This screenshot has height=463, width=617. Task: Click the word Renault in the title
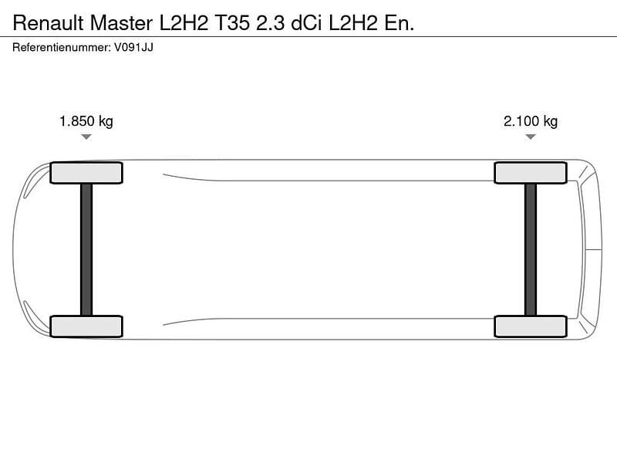pyautogui.click(x=48, y=23)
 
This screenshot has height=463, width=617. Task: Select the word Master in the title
pyautogui.click(x=121, y=23)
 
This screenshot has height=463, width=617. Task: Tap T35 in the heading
pyautogui.click(x=232, y=23)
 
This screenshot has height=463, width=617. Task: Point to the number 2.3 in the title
pyautogui.click(x=271, y=23)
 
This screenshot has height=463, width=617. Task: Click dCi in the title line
pyautogui.click(x=306, y=23)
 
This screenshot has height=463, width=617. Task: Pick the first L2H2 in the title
pyautogui.click(x=184, y=23)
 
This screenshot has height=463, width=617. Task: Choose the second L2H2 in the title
pyautogui.click(x=353, y=23)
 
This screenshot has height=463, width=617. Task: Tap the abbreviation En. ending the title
pyautogui.click(x=399, y=23)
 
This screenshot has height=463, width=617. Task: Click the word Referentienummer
pyautogui.click(x=62, y=47)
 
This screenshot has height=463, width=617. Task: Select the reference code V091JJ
pyautogui.click(x=133, y=47)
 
